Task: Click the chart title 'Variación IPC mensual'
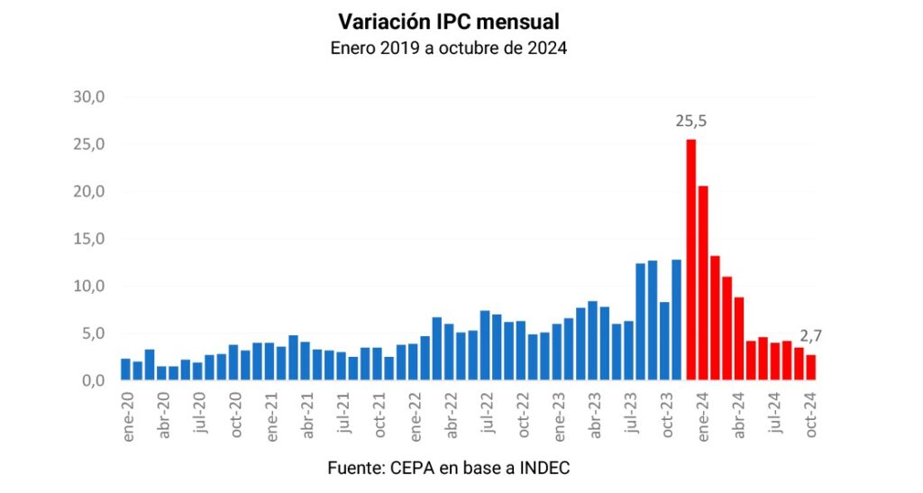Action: [449, 21]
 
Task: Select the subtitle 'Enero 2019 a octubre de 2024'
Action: [449, 49]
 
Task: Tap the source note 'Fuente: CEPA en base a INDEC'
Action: [448, 468]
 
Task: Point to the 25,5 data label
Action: [691, 121]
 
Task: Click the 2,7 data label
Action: [810, 336]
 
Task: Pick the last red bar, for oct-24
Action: [810, 368]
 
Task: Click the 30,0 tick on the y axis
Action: [90, 97]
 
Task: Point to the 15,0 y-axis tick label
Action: [90, 239]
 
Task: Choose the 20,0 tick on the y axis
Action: [90, 192]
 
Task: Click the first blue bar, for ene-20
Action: [126, 370]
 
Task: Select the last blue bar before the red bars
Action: [676, 320]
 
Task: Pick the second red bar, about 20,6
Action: [703, 283]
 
